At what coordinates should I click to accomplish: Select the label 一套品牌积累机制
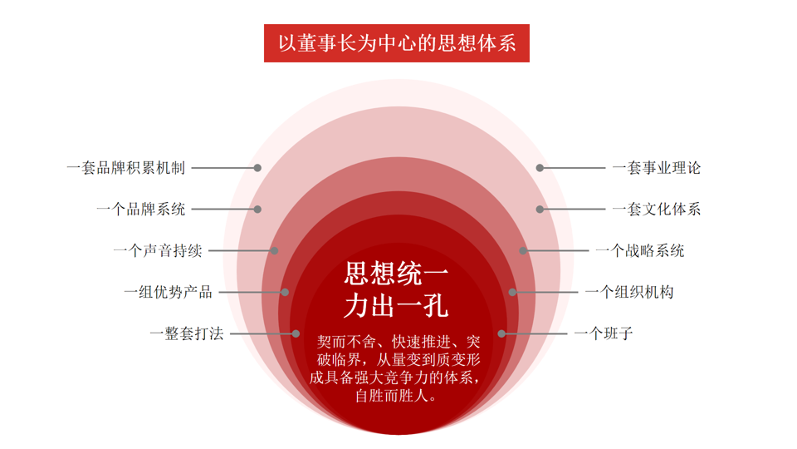[x=125, y=168]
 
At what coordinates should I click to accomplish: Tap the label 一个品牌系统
[x=140, y=210]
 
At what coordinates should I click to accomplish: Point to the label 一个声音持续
[x=157, y=250]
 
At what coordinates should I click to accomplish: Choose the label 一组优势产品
[x=168, y=292]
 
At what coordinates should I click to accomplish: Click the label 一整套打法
[x=186, y=334]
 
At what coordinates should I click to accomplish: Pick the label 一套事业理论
[x=656, y=168]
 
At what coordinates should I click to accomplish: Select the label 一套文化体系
[x=656, y=210]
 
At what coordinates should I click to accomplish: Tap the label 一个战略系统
[x=639, y=250]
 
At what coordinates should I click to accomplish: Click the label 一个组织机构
[x=628, y=292]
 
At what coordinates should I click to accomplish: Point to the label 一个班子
[x=604, y=334]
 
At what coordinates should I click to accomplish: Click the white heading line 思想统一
[x=397, y=273]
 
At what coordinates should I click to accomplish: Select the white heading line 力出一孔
[x=397, y=305]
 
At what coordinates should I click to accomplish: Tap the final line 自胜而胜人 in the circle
[x=396, y=396]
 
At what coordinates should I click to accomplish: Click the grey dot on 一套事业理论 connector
[x=540, y=168]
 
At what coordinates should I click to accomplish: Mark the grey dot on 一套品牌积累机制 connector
[x=258, y=168]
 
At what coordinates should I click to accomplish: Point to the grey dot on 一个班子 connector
[x=501, y=334]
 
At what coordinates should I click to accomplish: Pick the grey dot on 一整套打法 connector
[x=296, y=334]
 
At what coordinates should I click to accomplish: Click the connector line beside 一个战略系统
[x=556, y=250]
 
